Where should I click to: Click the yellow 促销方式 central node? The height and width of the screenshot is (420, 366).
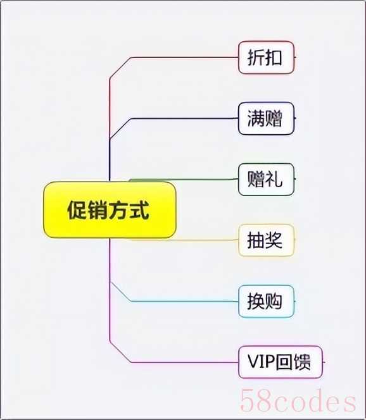coord(110,210)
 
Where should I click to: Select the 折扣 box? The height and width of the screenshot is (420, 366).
coord(266,58)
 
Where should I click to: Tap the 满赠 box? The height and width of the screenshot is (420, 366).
coord(266,118)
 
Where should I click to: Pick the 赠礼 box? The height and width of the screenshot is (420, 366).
coord(266,179)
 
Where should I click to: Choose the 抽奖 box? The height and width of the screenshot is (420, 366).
coord(266,240)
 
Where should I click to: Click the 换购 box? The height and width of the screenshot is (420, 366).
coord(266,301)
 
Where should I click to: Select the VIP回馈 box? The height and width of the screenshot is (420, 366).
coord(280,362)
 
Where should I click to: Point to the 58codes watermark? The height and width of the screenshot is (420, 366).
coord(298,401)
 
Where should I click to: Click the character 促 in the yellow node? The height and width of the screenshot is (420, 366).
coord(77,210)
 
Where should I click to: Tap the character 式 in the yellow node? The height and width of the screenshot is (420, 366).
coord(139,210)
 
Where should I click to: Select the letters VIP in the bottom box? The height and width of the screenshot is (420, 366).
coord(261,362)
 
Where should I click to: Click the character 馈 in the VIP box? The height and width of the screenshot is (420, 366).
coord(302,362)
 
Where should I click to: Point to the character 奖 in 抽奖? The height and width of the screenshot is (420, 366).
coord(274,240)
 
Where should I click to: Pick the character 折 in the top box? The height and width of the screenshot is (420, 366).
coord(256,58)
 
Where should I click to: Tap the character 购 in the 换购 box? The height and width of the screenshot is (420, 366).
coord(274,301)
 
